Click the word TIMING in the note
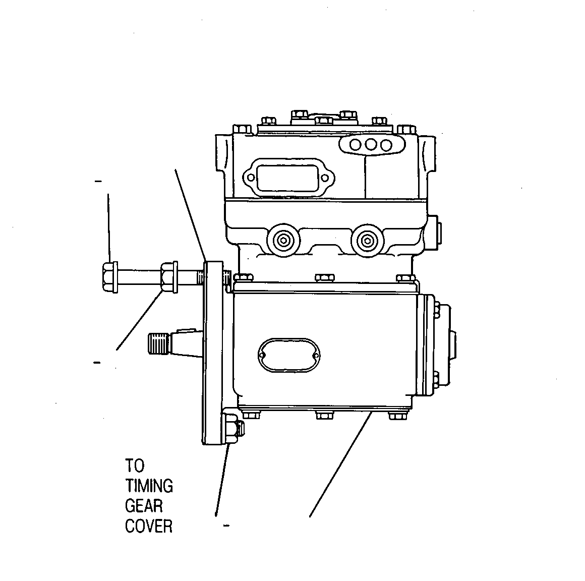click(x=149, y=486)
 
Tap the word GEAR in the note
click(x=144, y=506)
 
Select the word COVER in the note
click(x=148, y=527)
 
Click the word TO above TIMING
click(x=134, y=466)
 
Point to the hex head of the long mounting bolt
click(x=108, y=276)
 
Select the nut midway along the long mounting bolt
click(x=167, y=276)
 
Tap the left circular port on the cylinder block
click(x=283, y=240)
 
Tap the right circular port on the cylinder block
click(x=367, y=240)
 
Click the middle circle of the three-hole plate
click(x=371, y=144)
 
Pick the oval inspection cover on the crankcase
click(x=289, y=355)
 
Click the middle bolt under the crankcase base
click(x=324, y=415)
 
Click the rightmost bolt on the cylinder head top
click(x=406, y=130)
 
